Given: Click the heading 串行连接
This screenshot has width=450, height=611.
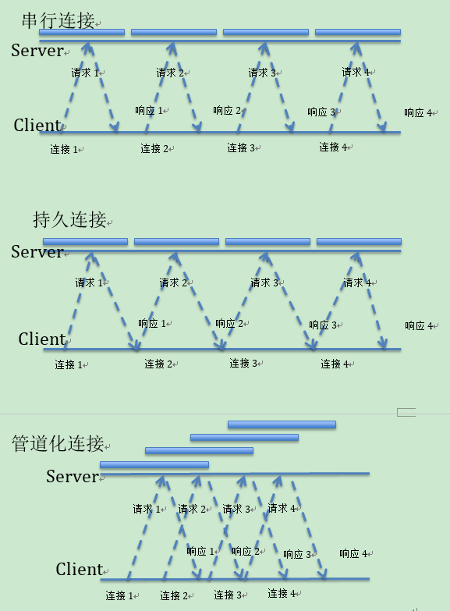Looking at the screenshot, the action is [x=58, y=20].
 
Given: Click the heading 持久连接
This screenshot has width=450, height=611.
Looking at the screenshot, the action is [x=69, y=219].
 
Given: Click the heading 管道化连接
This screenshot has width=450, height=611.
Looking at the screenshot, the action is [x=58, y=443].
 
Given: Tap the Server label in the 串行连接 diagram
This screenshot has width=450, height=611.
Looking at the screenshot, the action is [x=37, y=50].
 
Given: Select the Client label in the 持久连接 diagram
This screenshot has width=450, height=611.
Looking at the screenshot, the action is [x=41, y=339].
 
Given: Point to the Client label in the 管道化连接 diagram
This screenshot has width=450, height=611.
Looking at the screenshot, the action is [x=79, y=569].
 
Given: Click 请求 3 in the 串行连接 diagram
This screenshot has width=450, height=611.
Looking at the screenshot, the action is [x=262, y=73].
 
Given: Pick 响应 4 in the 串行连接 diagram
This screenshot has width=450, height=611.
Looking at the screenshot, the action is [x=418, y=112].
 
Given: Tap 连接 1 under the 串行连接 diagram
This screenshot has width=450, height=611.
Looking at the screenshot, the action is [x=64, y=149].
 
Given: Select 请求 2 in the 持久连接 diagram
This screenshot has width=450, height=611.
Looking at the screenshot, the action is [x=173, y=282].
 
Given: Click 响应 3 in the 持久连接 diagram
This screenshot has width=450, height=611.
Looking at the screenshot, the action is [x=323, y=325].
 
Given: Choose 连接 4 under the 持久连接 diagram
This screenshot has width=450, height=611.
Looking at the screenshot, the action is [x=335, y=364].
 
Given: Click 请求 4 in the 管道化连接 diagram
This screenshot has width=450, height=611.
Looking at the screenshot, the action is [x=282, y=508].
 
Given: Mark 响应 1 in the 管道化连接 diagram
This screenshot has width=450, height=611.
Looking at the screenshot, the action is [x=200, y=551].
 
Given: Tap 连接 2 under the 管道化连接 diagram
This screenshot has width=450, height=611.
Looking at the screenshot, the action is [x=174, y=595].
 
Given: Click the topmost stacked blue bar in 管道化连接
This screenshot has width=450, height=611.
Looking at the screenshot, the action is [x=282, y=425].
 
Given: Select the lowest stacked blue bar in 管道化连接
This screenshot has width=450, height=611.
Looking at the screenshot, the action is [x=154, y=465].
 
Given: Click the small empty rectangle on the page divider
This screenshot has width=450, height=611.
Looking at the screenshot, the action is [x=406, y=412].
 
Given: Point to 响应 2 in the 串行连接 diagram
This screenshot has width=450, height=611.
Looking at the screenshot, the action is [x=227, y=110].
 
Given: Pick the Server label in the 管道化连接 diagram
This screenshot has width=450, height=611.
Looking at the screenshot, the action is [x=73, y=476].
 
